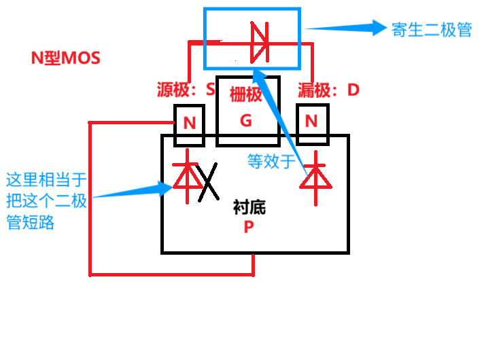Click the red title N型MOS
(x=65, y=58)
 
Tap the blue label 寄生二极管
(x=431, y=29)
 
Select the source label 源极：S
(x=186, y=89)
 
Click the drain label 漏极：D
(x=328, y=89)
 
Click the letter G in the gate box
(x=246, y=121)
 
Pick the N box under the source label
(x=190, y=124)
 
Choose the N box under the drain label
(x=312, y=122)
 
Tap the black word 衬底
(x=249, y=208)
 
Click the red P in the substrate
(x=249, y=228)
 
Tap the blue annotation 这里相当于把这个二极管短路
(x=46, y=201)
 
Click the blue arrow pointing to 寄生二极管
(x=347, y=28)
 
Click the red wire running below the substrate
(x=170, y=274)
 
